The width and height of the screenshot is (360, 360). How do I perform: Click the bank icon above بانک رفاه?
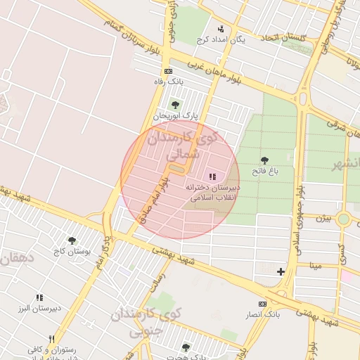pyautogui.click(x=168, y=71)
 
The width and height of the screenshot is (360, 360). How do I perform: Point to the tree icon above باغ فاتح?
pyautogui.click(x=264, y=160)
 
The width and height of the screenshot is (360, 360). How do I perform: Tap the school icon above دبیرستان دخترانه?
pyautogui.click(x=212, y=176)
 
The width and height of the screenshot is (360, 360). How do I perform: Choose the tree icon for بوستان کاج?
pyautogui.click(x=72, y=240)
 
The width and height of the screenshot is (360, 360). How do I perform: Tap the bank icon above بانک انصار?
pyautogui.click(x=262, y=303)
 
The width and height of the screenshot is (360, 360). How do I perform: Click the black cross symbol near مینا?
pyautogui.click(x=281, y=271)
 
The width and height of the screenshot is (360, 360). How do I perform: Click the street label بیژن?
pyautogui.click(x=323, y=218)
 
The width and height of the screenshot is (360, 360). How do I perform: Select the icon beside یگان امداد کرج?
pyautogui.click(x=221, y=29)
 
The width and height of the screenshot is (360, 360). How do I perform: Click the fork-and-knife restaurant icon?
pyautogui.click(x=51, y=339)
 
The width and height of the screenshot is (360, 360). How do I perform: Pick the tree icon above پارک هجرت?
pyautogui.click(x=186, y=347)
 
